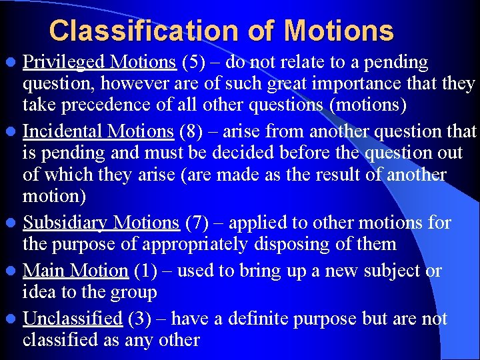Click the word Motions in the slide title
coord(338,31)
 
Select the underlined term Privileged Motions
coord(99,62)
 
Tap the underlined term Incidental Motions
coord(98,131)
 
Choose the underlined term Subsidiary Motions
coord(101,222)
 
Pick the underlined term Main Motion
coord(75,271)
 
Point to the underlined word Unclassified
coord(73,319)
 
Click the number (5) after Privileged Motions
coord(193,62)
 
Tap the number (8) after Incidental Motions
coord(191,131)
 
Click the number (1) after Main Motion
coord(145,271)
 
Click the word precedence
coord(111,105)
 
